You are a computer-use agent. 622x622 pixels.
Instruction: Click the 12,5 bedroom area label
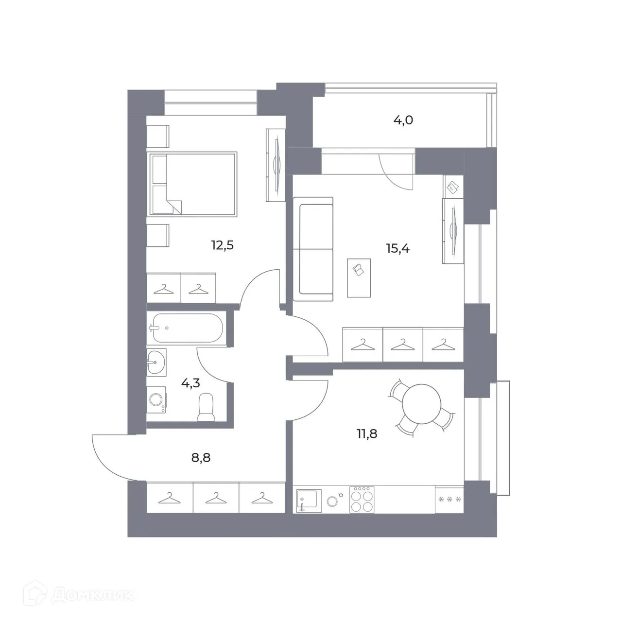[223, 245]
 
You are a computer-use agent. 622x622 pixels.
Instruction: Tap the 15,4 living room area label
[397, 249]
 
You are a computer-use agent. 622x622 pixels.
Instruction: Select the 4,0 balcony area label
[403, 120]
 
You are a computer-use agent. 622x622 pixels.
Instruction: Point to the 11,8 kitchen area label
[367, 433]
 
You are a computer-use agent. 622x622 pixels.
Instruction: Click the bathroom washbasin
[156, 362]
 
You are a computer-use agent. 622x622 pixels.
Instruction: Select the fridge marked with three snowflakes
[449, 499]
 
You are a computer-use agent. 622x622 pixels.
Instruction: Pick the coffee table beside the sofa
[359, 277]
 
